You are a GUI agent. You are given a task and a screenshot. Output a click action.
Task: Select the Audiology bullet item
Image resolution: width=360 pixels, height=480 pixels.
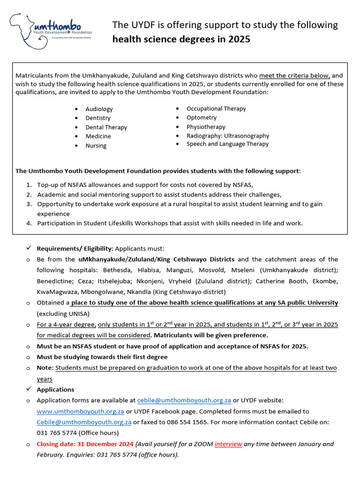coord(99,109)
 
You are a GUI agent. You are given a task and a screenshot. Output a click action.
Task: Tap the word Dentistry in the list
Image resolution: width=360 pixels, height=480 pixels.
coord(98,118)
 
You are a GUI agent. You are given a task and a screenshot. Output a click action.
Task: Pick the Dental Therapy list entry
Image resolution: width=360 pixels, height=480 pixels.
coord(106,127)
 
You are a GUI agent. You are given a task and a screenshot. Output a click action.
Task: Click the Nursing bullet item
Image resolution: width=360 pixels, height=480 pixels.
coord(96,146)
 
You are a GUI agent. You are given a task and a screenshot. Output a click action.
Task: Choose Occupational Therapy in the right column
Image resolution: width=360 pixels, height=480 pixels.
coord(216,109)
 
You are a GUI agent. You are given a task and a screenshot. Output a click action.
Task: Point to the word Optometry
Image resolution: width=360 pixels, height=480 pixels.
coord(202,118)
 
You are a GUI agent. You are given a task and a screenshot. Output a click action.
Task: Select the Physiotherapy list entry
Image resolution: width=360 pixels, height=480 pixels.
coord(206,127)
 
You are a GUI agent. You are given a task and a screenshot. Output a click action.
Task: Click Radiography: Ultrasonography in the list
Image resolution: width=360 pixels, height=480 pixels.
coord(228,136)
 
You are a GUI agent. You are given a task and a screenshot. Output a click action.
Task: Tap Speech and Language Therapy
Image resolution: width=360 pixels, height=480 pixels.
coord(227,144)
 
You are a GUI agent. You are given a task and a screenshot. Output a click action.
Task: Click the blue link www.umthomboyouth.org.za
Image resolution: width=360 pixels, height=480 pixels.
coord(80,411)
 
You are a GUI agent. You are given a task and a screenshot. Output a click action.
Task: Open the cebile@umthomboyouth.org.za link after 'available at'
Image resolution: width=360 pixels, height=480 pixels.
coord(184,400)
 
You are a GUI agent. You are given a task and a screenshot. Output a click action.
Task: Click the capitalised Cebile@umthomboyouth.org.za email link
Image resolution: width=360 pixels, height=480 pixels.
coord(84,422)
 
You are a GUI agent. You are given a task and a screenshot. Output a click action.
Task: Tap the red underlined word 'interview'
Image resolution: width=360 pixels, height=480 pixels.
coord(228,444)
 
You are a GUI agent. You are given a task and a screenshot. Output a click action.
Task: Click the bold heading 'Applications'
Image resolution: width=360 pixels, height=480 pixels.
coord(55,390)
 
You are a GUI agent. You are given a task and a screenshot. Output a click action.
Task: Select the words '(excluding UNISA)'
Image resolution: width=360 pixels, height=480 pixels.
coord(63,314)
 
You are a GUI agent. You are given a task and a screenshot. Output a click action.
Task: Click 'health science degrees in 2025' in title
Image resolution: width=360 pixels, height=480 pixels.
coord(181,39)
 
